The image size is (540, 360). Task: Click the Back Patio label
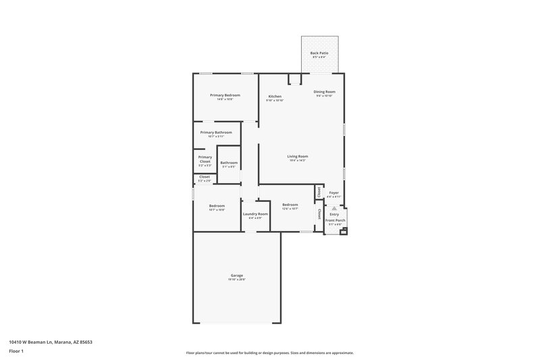[x=318, y=53]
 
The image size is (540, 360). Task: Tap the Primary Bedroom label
[x=225, y=95]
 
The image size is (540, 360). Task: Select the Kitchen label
[x=275, y=97]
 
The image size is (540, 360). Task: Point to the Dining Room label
[x=325, y=92]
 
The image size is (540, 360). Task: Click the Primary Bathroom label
[x=216, y=132]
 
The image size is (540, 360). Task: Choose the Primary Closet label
[x=205, y=159]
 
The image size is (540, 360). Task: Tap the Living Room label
[x=298, y=156]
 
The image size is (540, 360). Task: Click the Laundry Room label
[x=255, y=214]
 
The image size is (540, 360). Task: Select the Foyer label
[x=334, y=193]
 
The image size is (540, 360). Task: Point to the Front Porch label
[x=335, y=221]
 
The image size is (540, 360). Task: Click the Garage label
[x=237, y=276]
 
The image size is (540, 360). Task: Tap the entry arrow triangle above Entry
[x=334, y=209]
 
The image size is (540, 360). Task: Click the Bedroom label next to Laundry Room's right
[x=290, y=205]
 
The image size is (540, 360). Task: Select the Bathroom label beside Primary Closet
[x=229, y=162]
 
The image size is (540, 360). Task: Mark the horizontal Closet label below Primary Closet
[x=204, y=177]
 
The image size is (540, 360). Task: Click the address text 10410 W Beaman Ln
[x=51, y=342]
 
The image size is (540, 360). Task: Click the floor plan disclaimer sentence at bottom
[x=269, y=353]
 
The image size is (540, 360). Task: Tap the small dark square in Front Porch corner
[x=344, y=231]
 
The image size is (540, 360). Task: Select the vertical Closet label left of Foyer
[x=318, y=192]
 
